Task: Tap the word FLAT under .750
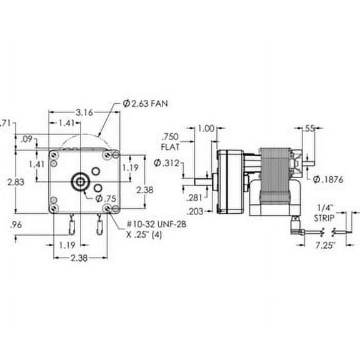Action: coord(170,149)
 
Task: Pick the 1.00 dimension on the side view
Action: coord(205,129)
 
